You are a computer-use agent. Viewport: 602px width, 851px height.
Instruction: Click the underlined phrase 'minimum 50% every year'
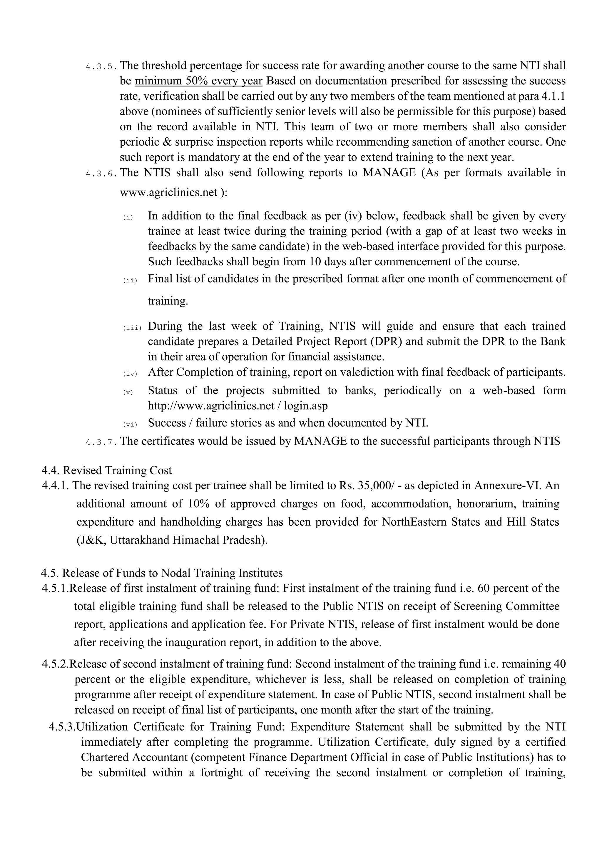[x=198, y=81]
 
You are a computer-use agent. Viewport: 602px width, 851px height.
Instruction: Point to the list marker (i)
[x=128, y=218]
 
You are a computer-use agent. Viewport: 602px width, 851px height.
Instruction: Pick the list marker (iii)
[x=132, y=328]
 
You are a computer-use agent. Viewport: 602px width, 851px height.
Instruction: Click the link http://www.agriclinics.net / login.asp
[x=238, y=406]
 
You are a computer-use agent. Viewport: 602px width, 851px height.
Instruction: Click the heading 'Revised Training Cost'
[x=117, y=470]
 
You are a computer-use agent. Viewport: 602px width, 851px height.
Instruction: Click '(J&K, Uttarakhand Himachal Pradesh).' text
[x=172, y=540]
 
